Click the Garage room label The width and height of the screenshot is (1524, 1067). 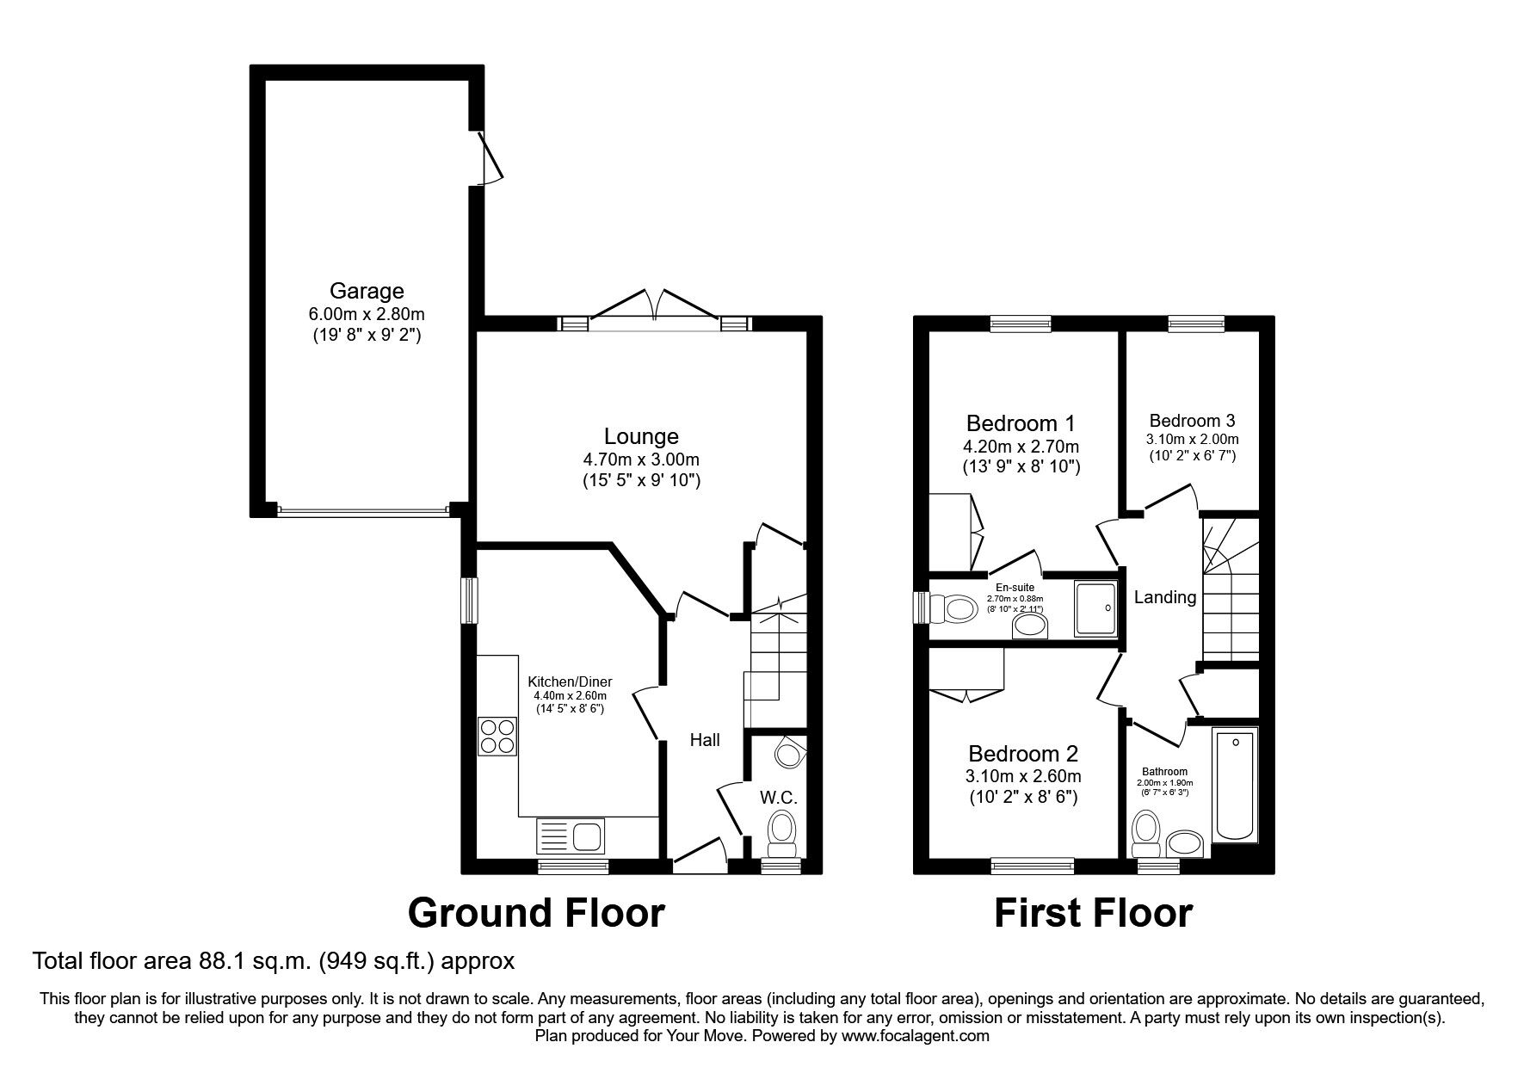367,291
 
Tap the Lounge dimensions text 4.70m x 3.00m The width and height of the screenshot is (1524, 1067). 641,459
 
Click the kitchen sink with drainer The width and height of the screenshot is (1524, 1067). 571,836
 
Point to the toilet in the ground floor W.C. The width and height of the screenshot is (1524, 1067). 782,834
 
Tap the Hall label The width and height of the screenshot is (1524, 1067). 705,739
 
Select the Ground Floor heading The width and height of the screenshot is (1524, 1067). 536,912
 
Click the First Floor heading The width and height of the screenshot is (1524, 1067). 1093,912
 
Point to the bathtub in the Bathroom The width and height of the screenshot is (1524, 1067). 1236,785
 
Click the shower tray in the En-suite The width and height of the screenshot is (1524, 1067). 1096,608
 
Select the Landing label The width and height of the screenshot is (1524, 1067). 1165,597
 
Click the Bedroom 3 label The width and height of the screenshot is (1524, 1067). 1192,421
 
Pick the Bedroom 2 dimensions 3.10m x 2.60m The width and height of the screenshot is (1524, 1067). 1023,776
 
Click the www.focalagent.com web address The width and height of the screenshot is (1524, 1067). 915,1036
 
